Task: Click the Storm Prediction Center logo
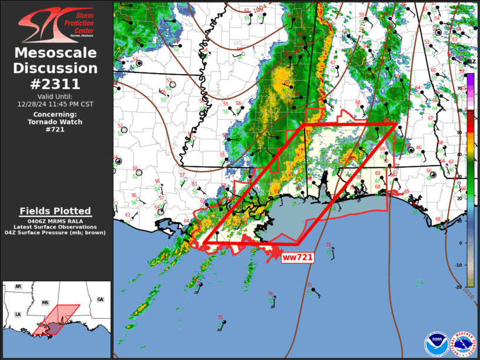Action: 57,25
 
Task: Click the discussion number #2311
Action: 57,84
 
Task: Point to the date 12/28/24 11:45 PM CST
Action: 55,104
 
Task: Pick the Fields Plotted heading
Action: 55,211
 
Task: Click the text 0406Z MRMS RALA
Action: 55,220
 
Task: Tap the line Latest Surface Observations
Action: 55,227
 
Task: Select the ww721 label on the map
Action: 297,257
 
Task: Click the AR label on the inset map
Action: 18,286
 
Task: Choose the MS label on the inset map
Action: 45,302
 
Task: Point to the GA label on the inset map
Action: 100,299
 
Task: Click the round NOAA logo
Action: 436,344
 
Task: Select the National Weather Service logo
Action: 464,344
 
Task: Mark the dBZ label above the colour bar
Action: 471,61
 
